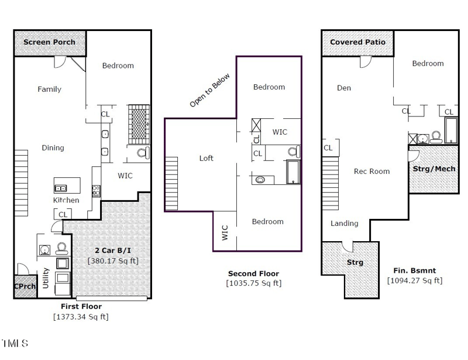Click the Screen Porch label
pos(49,42)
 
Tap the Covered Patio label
pos(357,42)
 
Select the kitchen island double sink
pos(61,188)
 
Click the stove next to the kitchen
pos(96,191)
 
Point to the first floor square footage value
pos(81,317)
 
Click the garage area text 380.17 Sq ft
pos(113,261)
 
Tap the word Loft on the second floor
pos(207,158)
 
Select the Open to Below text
pos(210,90)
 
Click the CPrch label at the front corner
pos(25,286)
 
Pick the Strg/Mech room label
pos(434,169)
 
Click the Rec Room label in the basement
pos(372,171)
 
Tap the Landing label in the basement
pos(345,223)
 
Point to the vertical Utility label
pos(46,278)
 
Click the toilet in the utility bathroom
pos(61,249)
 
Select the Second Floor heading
pos(254,273)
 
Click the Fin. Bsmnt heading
pos(415,270)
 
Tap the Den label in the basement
pos(344,88)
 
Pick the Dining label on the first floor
pos(53,148)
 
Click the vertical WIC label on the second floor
pos(225,233)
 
